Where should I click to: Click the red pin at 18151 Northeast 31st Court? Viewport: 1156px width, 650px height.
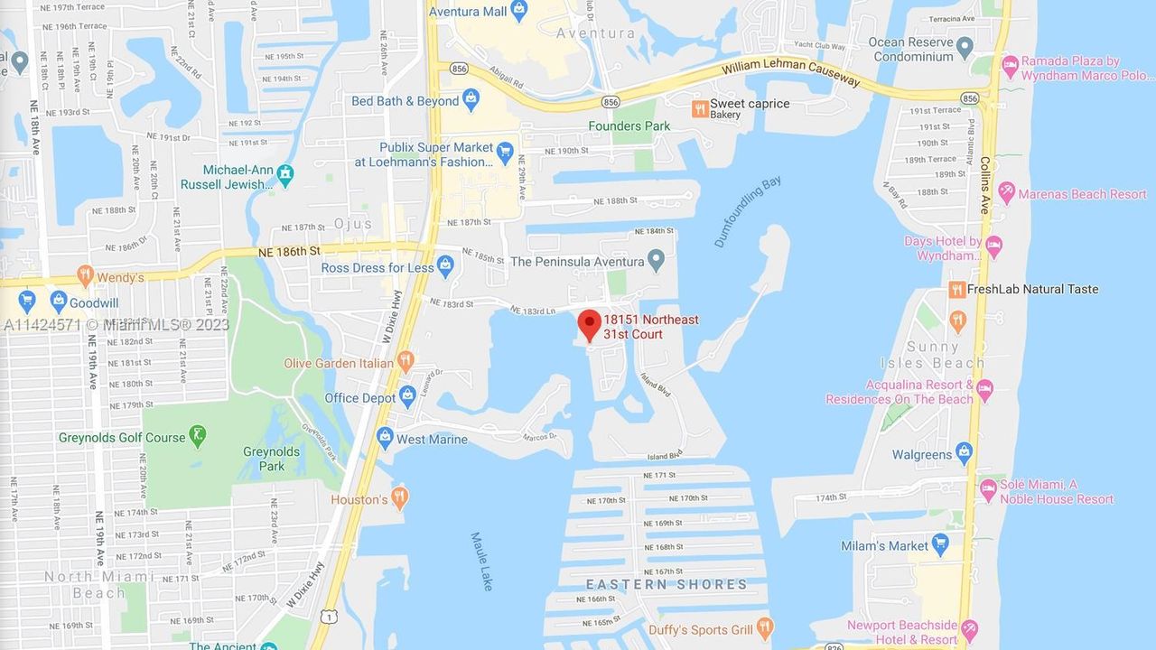tap(590, 323)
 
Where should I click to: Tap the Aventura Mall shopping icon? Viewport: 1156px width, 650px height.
tap(518, 10)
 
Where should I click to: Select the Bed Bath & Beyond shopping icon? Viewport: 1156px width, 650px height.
tap(471, 99)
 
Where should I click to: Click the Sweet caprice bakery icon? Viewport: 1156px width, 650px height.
tap(699, 108)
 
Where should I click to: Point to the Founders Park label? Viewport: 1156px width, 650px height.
tap(629, 126)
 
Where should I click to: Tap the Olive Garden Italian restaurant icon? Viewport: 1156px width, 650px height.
tap(406, 361)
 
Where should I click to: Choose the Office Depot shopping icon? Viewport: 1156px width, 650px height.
tap(407, 395)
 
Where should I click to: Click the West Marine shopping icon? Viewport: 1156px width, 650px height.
tap(386, 437)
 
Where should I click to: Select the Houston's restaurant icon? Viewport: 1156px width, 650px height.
tap(399, 497)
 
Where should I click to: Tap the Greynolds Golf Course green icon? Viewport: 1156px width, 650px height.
tap(198, 436)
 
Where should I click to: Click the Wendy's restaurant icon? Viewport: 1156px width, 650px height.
tap(85, 275)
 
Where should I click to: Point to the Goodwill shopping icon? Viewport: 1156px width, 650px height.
tap(59, 302)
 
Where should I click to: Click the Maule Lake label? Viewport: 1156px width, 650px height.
tap(481, 562)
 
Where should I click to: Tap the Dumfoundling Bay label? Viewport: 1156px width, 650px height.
tap(747, 212)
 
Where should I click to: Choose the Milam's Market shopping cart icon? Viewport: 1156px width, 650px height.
tap(940, 544)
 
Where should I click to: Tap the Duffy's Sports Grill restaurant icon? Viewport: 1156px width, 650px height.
tap(765, 627)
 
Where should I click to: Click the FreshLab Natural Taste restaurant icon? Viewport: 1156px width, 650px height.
tap(956, 289)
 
